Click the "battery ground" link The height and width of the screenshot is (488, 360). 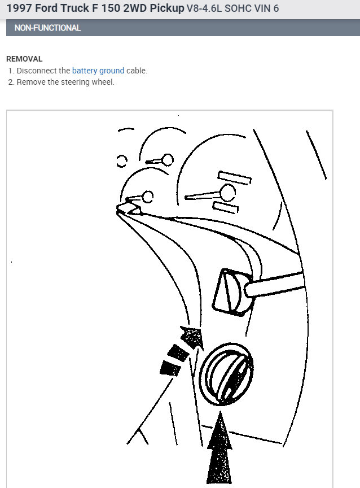[98, 71]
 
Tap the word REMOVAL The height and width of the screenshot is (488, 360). [24, 59]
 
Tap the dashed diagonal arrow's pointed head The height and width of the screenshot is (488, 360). [191, 337]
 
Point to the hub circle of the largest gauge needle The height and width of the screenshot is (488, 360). [227, 193]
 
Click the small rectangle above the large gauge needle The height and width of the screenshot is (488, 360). [234, 177]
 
